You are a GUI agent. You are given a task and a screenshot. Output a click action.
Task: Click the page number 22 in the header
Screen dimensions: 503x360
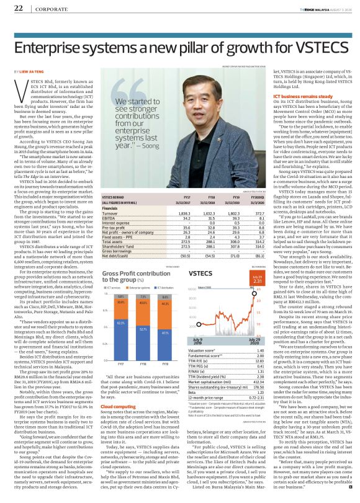coord(18,8)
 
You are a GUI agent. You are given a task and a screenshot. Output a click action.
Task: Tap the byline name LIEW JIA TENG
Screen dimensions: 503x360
coord(30,72)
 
